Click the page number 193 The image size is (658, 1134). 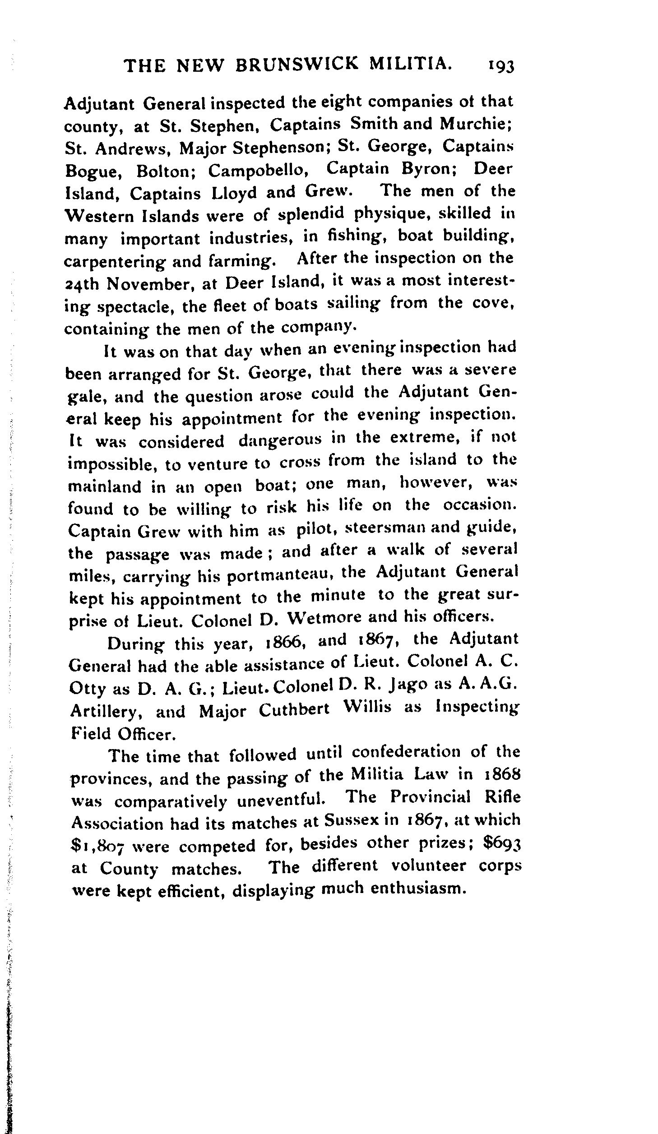click(x=500, y=66)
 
